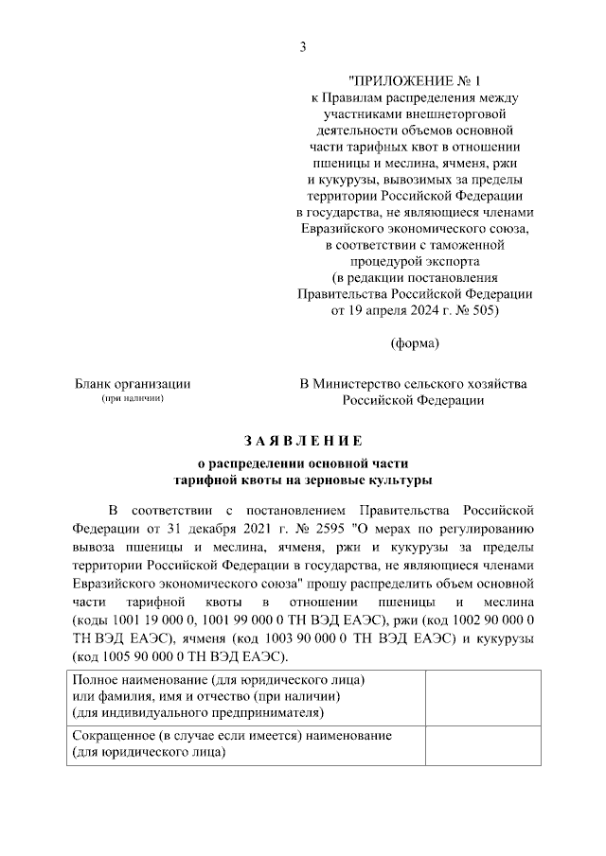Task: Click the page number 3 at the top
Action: tap(303, 46)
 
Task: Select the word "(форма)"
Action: tap(415, 342)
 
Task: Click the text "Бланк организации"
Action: tap(133, 384)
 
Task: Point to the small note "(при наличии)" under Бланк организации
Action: tap(133, 399)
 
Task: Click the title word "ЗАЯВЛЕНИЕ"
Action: tap(303, 440)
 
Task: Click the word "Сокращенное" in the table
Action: tap(112, 735)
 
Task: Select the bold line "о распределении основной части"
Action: tap(302, 463)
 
